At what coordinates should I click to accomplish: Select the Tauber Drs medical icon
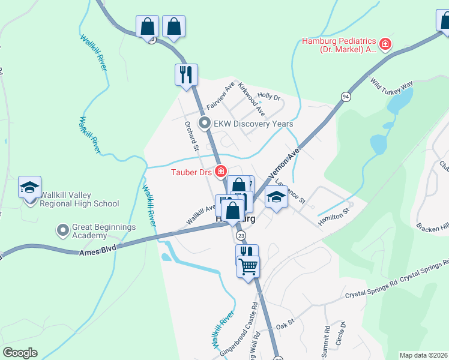221,172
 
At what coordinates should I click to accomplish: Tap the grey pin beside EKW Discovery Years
205,124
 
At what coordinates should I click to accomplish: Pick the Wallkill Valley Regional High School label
79,199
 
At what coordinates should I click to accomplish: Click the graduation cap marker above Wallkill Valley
30,187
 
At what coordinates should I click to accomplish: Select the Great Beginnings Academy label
104,232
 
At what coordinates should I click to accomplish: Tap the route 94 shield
346,96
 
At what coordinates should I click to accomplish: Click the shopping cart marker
249,266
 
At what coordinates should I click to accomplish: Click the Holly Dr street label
269,96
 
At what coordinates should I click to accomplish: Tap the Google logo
20,353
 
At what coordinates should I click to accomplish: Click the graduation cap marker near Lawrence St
276,197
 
